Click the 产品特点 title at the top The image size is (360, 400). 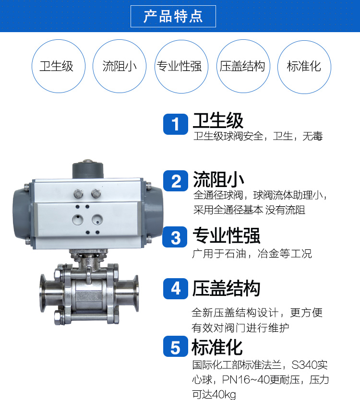pos(173,17)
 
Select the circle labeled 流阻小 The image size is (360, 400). pos(120,66)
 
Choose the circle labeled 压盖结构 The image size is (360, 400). pos(242,66)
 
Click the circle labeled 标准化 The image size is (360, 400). pos(304,66)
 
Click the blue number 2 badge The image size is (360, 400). pos(176,181)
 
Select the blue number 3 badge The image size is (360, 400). pos(176,237)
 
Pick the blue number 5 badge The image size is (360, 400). pos(176,347)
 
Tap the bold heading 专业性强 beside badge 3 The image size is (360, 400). pos(226,235)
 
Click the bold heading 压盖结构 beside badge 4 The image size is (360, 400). pos(226,288)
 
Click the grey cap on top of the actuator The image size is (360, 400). pos(88,169)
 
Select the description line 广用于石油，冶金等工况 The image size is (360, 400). pos(252,253)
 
